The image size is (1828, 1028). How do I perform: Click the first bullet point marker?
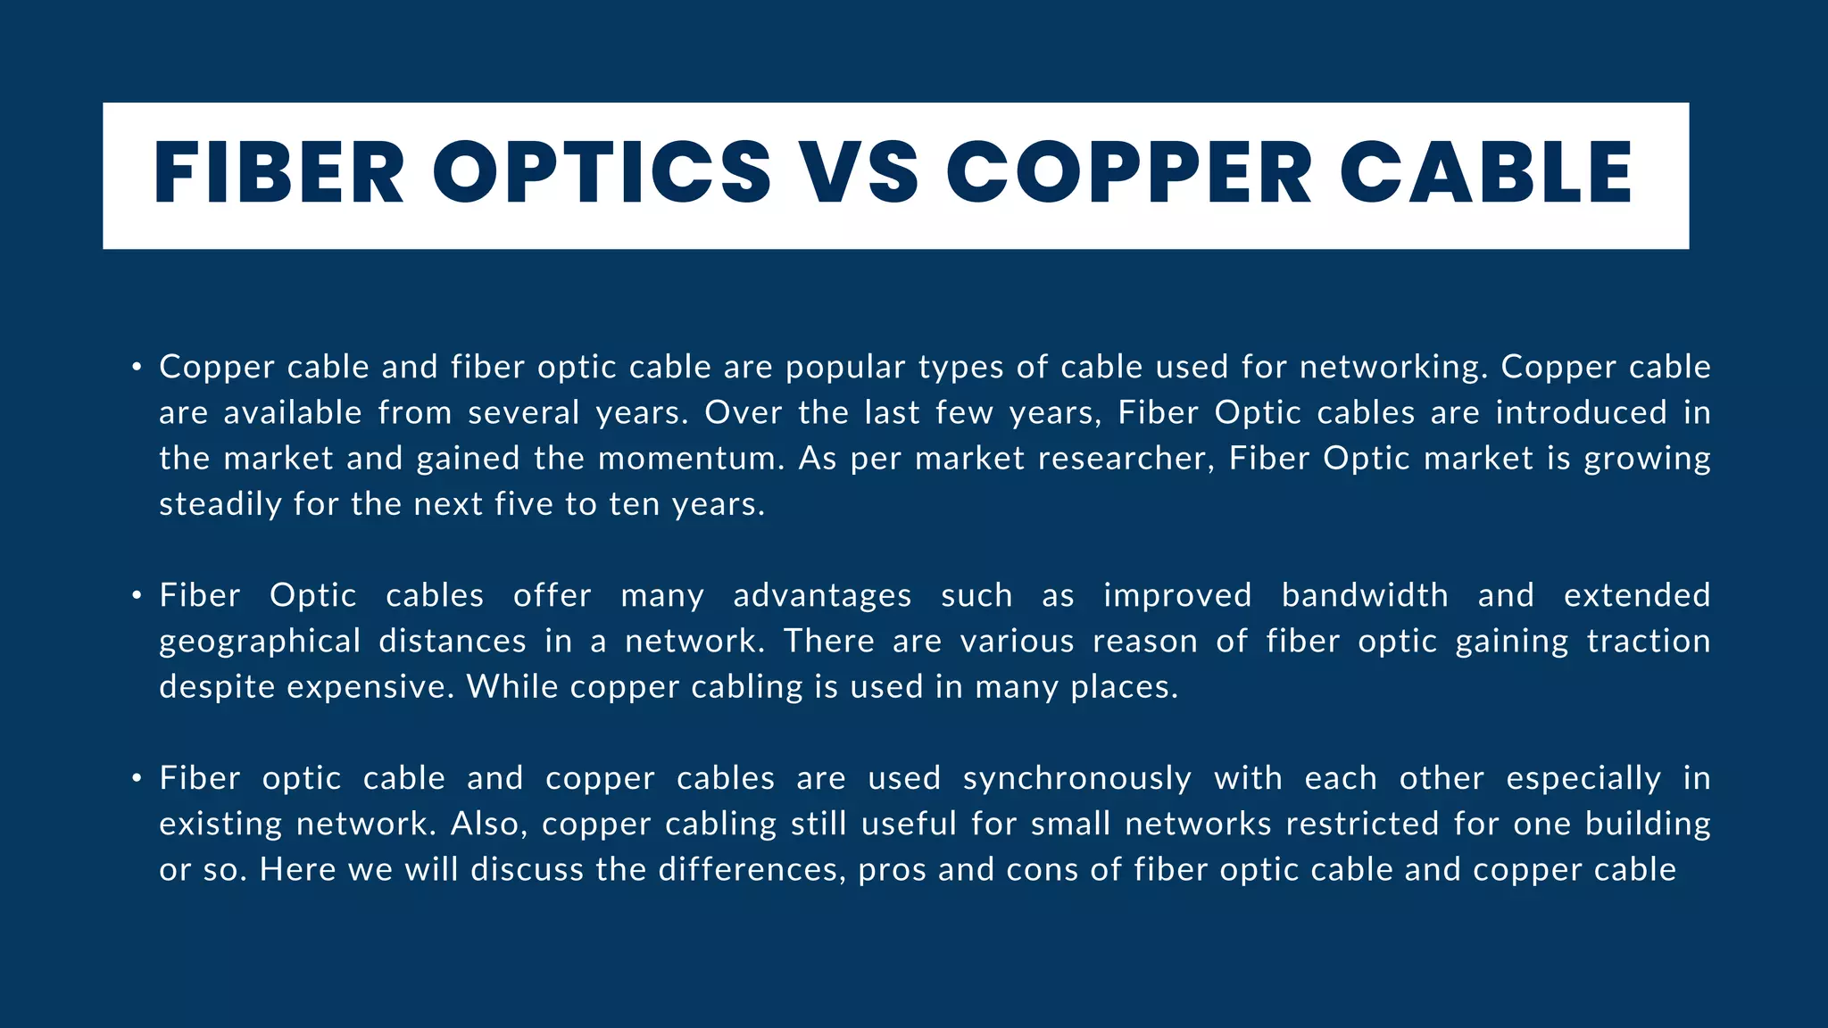click(x=136, y=367)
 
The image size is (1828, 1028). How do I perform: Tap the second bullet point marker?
click(x=136, y=595)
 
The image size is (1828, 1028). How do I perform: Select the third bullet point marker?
click(x=136, y=778)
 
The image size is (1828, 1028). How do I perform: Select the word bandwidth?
click(x=1365, y=595)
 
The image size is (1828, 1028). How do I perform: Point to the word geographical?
click(x=259, y=642)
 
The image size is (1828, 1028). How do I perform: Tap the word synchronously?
click(x=1076, y=778)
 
